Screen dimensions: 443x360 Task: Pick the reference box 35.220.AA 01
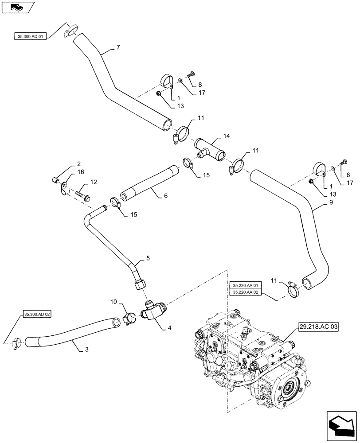[x=246, y=285]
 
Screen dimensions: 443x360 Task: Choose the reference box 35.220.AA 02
[x=246, y=292]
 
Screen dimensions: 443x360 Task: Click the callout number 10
[x=113, y=301]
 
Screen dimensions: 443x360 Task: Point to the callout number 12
[x=94, y=182]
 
